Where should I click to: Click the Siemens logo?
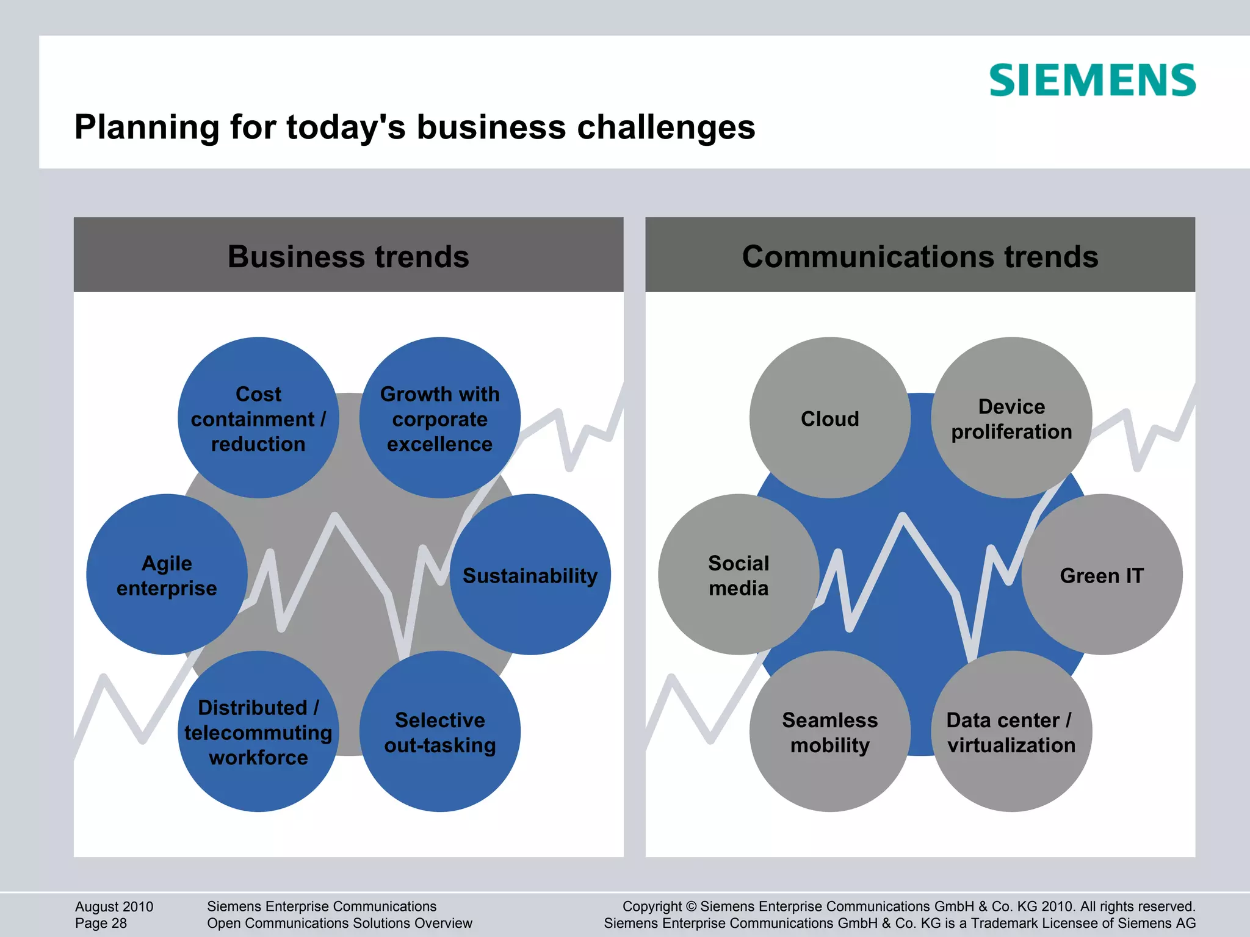pos(1092,81)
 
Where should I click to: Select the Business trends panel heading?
pos(349,256)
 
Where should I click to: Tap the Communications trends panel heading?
pos(920,256)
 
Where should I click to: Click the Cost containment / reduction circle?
pos(258,418)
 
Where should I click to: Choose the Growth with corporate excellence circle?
pos(439,418)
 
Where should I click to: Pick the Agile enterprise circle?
pos(167,575)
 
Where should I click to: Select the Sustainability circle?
pos(530,575)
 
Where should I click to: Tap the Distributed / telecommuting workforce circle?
pos(258,731)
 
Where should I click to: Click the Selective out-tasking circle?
pos(439,731)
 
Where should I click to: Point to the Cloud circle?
pos(829,418)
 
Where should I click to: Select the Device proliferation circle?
pos(1011,418)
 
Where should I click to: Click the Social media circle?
pos(739,575)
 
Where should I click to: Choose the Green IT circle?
pos(1102,575)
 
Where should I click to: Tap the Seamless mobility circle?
pos(829,731)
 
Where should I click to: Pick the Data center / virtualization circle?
pos(1011,731)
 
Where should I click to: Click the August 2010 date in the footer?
pos(114,906)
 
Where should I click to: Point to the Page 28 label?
pos(101,924)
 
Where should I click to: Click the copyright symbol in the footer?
pos(691,907)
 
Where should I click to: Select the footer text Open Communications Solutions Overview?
pos(339,924)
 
